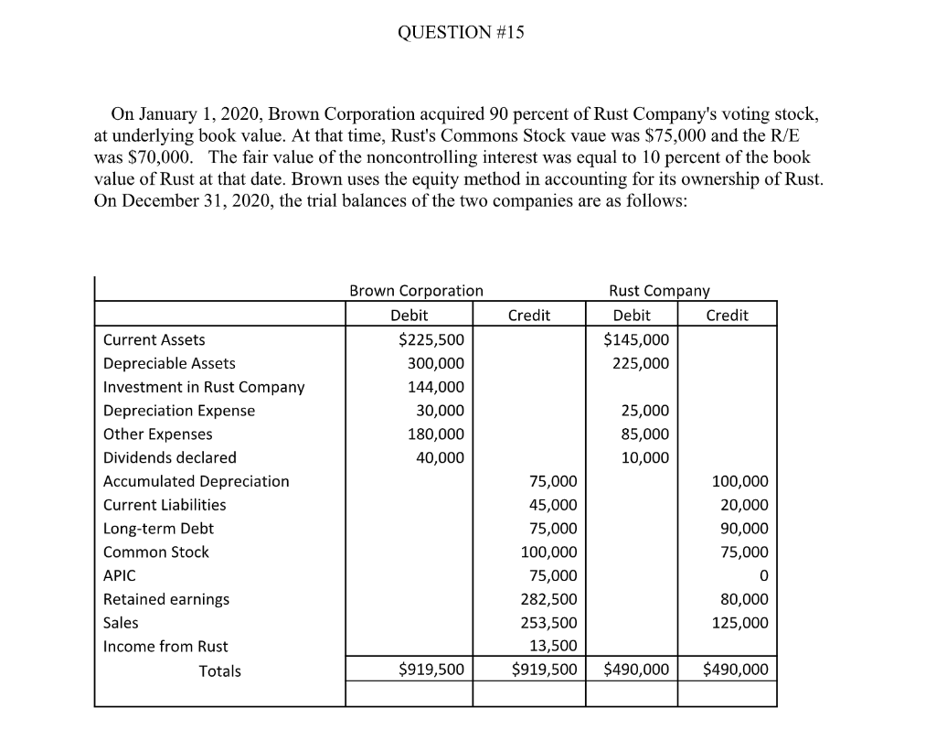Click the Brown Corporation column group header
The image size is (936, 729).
click(x=416, y=291)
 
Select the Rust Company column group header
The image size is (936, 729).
click(x=658, y=291)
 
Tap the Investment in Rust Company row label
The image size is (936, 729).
click(x=204, y=387)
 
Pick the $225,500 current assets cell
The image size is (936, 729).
click(x=431, y=340)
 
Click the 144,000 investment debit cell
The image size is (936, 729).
click(x=439, y=387)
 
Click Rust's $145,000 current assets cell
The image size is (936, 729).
click(x=636, y=340)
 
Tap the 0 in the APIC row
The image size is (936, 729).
click(x=763, y=576)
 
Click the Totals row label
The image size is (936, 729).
click(x=220, y=671)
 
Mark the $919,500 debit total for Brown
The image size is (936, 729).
click(x=431, y=670)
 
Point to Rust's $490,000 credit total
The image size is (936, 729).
click(x=736, y=670)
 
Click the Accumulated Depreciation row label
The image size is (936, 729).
click(x=196, y=481)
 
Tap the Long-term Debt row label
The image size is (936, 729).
click(x=158, y=529)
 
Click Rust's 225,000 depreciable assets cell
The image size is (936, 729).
click(x=643, y=363)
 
